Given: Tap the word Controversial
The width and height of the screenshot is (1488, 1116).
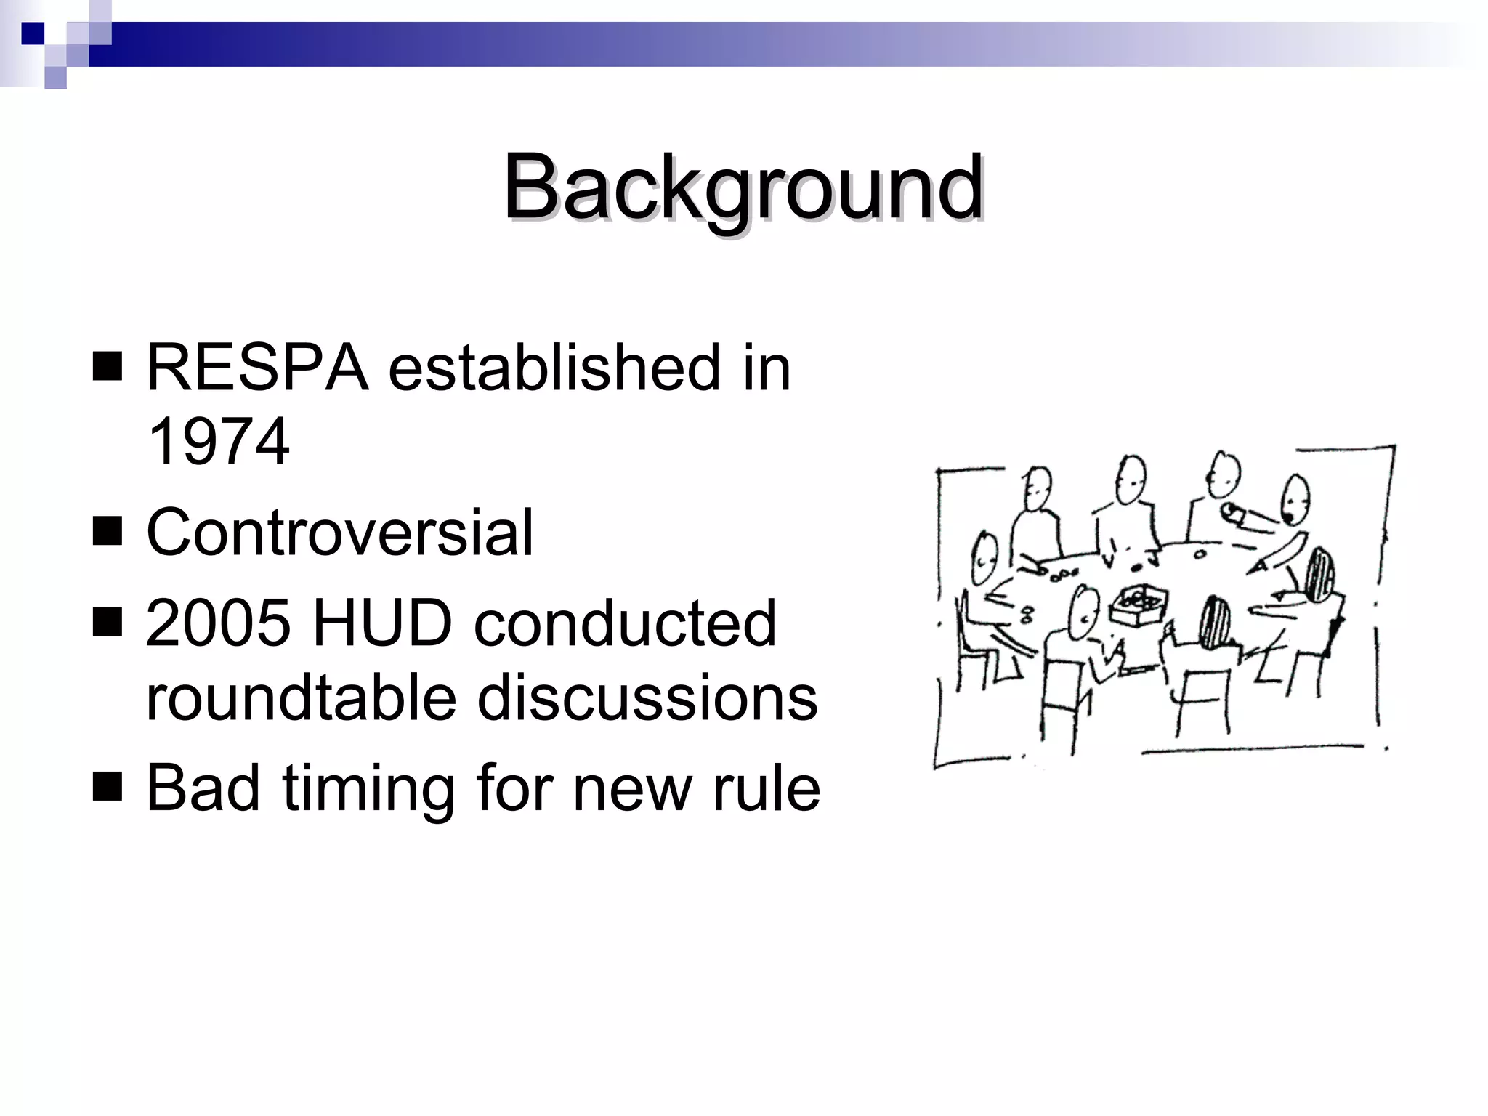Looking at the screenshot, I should point(340,533).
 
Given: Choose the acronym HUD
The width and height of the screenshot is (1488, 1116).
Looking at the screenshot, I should point(382,623).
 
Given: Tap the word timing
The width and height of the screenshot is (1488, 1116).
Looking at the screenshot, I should point(368,788).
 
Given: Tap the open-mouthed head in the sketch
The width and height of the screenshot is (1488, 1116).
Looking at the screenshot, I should point(1294,501).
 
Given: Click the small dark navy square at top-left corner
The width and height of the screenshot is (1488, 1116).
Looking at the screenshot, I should point(33,33).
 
